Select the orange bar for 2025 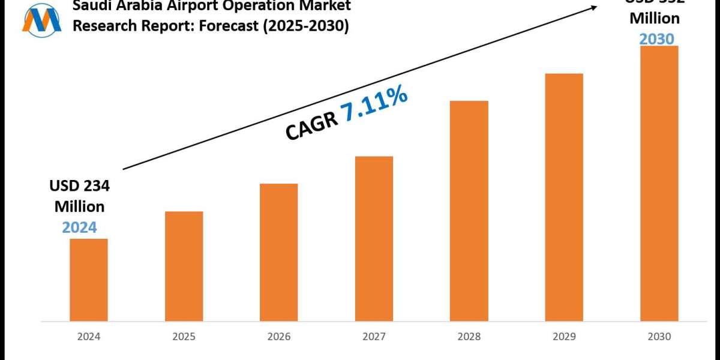(x=184, y=266)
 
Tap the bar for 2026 (x=278, y=252)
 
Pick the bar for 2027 (x=374, y=238)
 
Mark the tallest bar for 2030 (x=659, y=183)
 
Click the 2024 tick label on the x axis (x=89, y=337)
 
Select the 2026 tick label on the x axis (x=278, y=337)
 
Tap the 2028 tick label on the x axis (x=469, y=337)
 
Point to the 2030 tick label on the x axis (x=659, y=337)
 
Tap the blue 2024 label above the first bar (x=79, y=227)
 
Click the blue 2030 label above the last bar (x=657, y=38)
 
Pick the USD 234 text (x=79, y=187)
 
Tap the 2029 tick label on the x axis (x=564, y=337)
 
